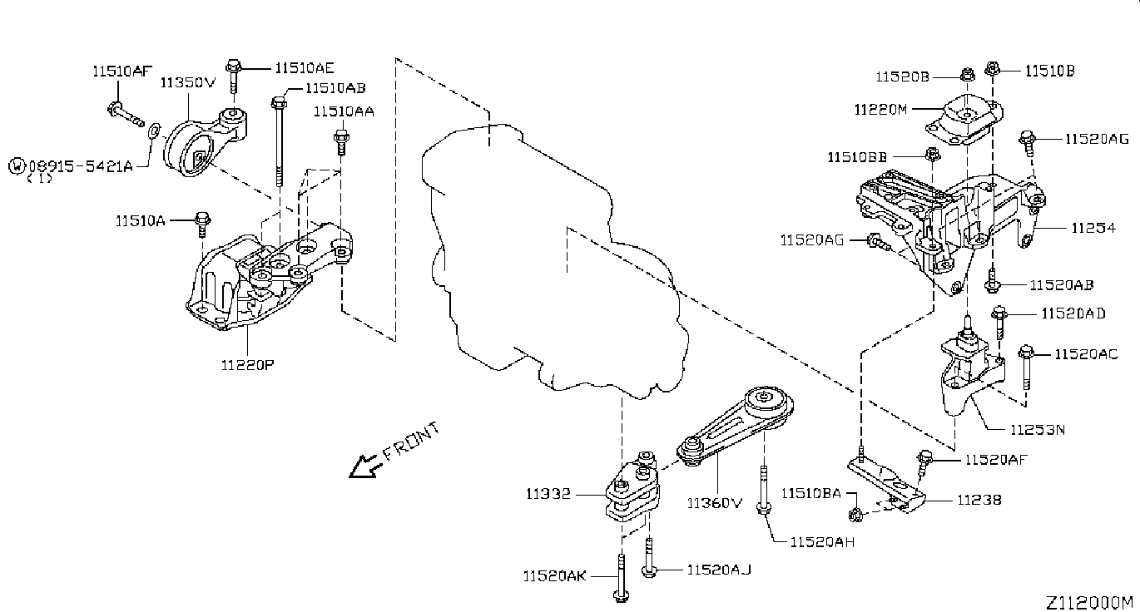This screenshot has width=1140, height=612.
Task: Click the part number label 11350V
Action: pyautogui.click(x=188, y=82)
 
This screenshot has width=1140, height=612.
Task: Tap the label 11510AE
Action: pyautogui.click(x=305, y=67)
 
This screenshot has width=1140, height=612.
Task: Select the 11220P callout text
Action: pyautogui.click(x=248, y=364)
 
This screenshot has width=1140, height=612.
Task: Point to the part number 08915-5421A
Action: pyautogui.click(x=81, y=165)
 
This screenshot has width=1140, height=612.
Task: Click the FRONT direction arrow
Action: pyautogui.click(x=365, y=466)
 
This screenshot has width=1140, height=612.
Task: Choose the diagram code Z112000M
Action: pyautogui.click(x=1089, y=602)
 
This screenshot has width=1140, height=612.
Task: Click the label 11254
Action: pyautogui.click(x=1093, y=227)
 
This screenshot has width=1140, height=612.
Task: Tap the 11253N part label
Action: pyautogui.click(x=1037, y=430)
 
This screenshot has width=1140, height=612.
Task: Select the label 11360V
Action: pyautogui.click(x=715, y=502)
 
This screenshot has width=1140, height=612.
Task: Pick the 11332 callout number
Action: pyautogui.click(x=548, y=493)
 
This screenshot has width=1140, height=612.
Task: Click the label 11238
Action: pyautogui.click(x=979, y=500)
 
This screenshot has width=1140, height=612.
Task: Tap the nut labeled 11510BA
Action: pyautogui.click(x=855, y=515)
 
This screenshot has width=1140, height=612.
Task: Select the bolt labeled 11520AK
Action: pyautogui.click(x=621, y=579)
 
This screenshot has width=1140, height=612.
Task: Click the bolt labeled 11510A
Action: pyautogui.click(x=202, y=225)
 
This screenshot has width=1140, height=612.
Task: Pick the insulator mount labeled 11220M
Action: pyautogui.click(x=964, y=120)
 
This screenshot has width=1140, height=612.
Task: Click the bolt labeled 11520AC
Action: pyautogui.click(x=1026, y=368)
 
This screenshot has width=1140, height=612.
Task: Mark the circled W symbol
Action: pyautogui.click(x=17, y=165)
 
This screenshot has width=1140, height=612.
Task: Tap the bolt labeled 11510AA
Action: pyautogui.click(x=341, y=142)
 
